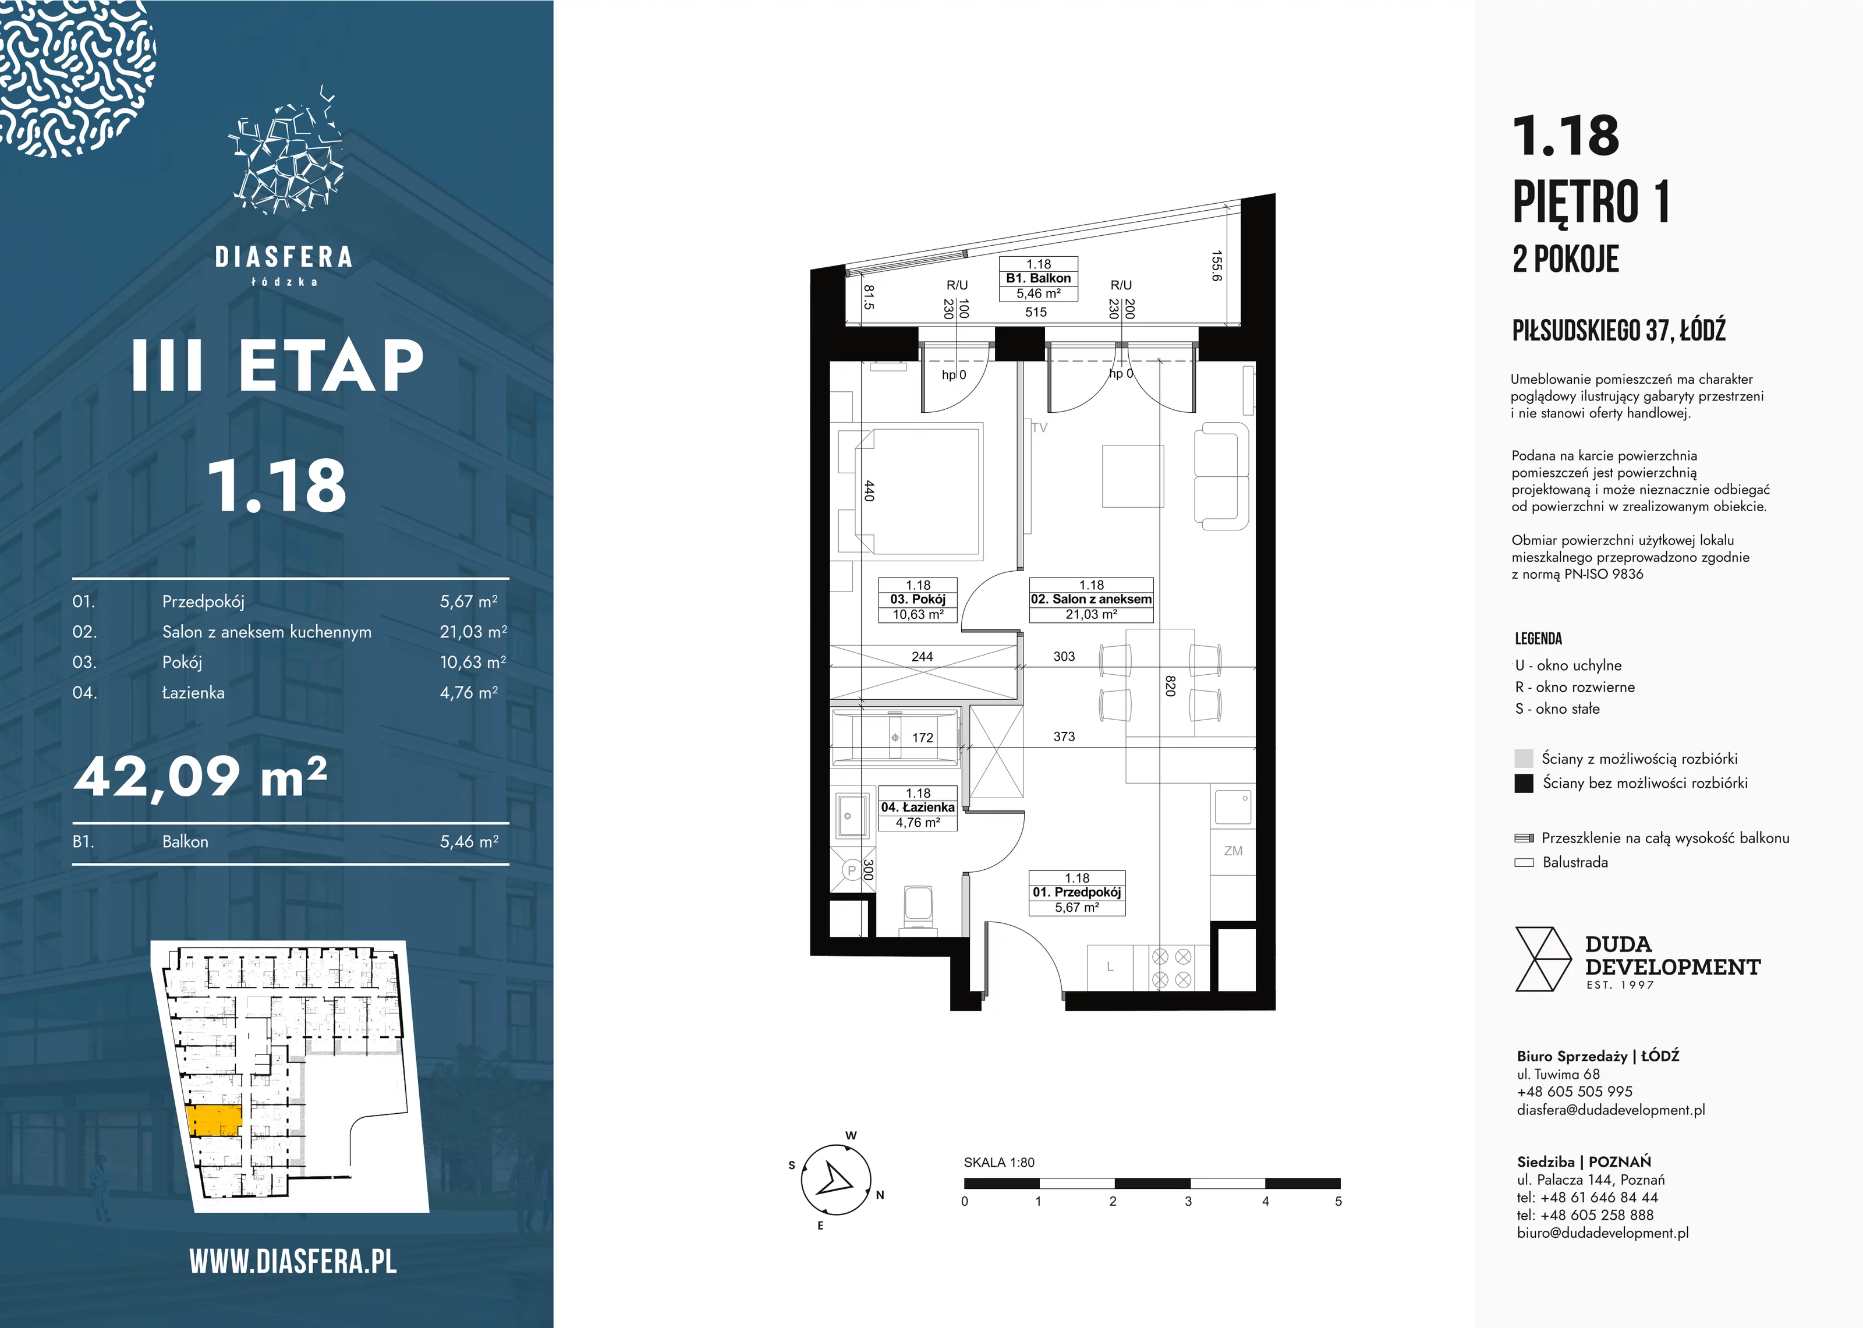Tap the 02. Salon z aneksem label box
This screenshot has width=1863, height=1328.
pyautogui.click(x=1092, y=600)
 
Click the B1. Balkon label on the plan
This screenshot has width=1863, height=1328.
pyautogui.click(x=1038, y=279)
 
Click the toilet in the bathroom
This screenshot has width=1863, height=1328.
pyautogui.click(x=919, y=908)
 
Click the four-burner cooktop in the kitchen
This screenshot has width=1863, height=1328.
pyautogui.click(x=1171, y=968)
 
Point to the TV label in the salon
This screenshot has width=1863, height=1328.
pyautogui.click(x=1039, y=428)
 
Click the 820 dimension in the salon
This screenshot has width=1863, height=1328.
pyautogui.click(x=1170, y=685)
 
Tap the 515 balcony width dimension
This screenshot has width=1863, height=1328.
pyautogui.click(x=1036, y=311)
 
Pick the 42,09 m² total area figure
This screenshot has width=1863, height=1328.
pyautogui.click(x=201, y=776)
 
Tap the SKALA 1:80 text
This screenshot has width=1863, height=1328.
pyautogui.click(x=999, y=1162)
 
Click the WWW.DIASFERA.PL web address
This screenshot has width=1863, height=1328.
pyautogui.click(x=293, y=1262)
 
